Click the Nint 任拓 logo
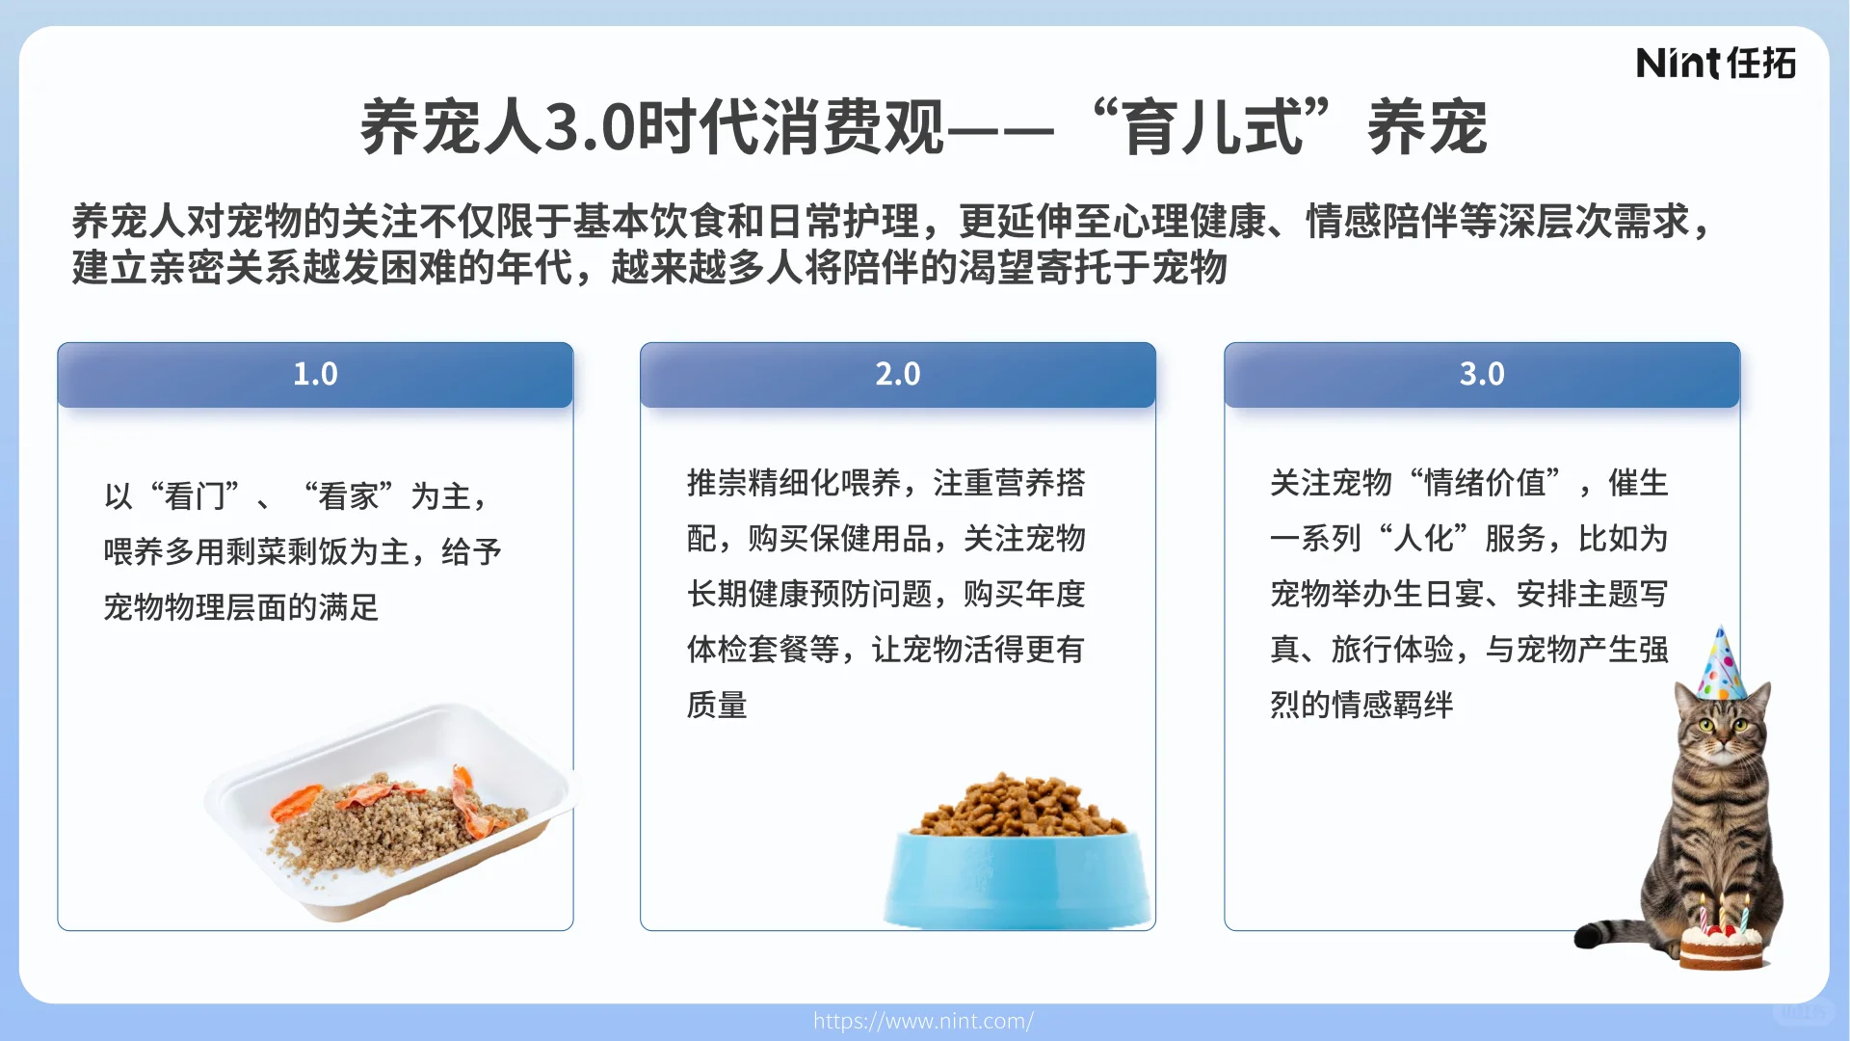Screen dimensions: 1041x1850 (x=1715, y=64)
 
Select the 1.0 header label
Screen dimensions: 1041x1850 (x=315, y=374)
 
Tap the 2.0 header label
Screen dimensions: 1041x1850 (x=897, y=374)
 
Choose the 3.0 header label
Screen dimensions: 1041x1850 (x=1481, y=374)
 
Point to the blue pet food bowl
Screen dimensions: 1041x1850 (x=1017, y=879)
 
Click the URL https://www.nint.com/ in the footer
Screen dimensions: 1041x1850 (x=923, y=1021)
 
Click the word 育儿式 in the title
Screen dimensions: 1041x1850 (x=1214, y=127)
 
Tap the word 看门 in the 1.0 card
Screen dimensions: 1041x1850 (x=195, y=496)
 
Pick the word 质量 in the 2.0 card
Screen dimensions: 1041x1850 (x=717, y=705)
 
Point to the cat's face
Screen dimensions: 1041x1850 (x=1720, y=729)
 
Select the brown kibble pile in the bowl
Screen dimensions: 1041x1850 (x=1019, y=808)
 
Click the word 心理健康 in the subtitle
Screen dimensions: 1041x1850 (x=1189, y=222)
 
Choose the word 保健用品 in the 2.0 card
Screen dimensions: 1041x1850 (x=870, y=538)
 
